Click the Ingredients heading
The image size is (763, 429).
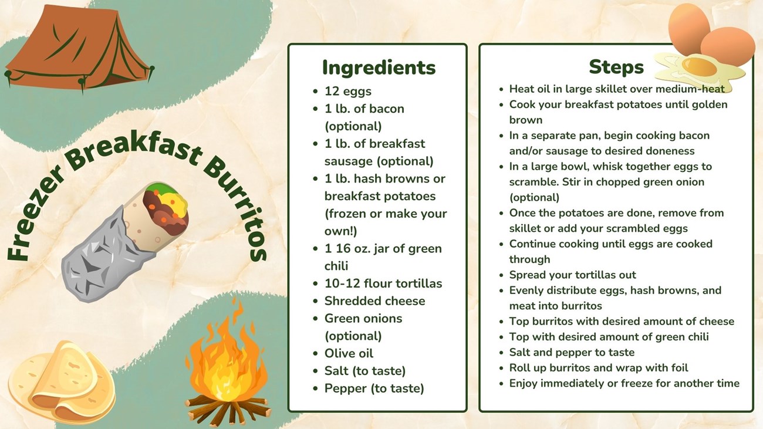tap(379, 67)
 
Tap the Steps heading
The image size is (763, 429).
tap(616, 67)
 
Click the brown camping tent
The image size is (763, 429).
tap(78, 48)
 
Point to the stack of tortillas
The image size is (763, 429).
tap(61, 381)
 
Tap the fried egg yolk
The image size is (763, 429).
tap(699, 66)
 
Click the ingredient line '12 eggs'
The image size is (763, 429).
tap(348, 91)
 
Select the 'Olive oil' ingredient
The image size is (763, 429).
tap(349, 353)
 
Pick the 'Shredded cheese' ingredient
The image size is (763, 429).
tap(374, 301)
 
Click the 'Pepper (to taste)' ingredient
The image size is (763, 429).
tap(374, 389)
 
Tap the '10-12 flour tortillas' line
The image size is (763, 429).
tap(383, 283)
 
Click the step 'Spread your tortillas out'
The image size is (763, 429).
tap(573, 275)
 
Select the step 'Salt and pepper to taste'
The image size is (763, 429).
tap(572, 352)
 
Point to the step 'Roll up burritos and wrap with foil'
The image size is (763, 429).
tap(599, 368)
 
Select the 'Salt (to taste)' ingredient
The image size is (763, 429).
tap(365, 371)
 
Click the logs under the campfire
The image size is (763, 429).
tap(228, 410)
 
